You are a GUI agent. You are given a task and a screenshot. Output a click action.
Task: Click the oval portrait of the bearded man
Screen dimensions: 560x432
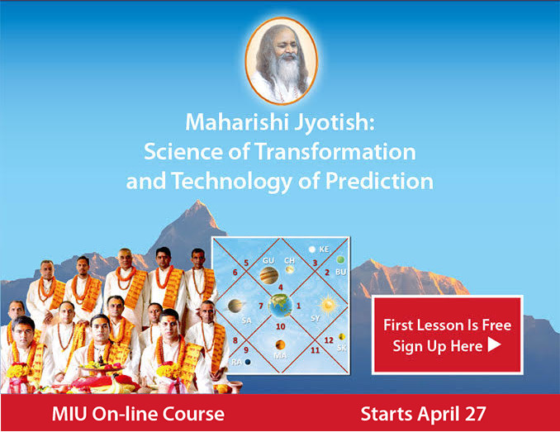(282, 60)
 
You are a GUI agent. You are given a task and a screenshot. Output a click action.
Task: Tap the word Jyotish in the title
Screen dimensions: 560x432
(335, 122)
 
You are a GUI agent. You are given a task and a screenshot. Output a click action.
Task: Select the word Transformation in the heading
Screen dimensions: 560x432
(335, 151)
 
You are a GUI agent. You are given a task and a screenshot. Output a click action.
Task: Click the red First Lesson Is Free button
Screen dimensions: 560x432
(448, 335)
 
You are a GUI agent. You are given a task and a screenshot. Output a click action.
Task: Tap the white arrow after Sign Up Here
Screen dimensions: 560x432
(494, 344)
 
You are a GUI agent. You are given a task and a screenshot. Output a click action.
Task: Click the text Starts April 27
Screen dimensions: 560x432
(423, 414)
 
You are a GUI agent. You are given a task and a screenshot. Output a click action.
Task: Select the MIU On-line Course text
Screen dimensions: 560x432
(138, 414)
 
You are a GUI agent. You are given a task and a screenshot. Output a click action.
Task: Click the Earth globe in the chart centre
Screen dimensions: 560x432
(280, 306)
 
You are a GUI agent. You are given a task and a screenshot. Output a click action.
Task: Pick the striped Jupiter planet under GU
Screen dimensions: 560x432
(268, 275)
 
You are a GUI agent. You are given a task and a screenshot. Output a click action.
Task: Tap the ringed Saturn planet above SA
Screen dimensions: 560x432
(235, 306)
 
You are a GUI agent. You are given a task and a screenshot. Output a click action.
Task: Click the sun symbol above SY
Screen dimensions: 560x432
(329, 306)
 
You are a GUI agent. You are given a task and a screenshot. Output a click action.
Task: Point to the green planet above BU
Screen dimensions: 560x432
(341, 259)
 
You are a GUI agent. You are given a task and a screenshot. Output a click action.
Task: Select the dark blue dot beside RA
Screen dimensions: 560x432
(248, 362)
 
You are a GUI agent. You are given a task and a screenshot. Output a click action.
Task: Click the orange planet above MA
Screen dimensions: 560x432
(280, 345)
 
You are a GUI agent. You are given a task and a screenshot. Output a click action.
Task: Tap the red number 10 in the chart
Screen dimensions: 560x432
(281, 326)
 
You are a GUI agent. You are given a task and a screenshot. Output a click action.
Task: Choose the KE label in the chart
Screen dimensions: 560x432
(324, 249)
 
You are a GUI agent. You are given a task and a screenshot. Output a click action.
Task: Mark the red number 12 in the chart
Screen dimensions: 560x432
(329, 340)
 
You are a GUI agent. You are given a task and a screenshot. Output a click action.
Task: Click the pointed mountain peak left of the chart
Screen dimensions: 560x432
(197, 202)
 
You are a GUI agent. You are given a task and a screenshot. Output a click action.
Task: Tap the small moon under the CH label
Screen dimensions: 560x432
(290, 269)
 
